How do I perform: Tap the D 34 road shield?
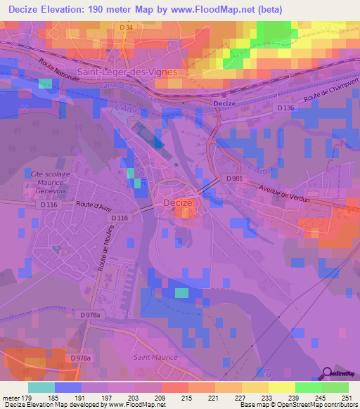point(127,27)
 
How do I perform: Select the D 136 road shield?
point(285,108)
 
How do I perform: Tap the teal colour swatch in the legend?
point(41,387)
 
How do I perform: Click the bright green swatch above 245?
point(309,387)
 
